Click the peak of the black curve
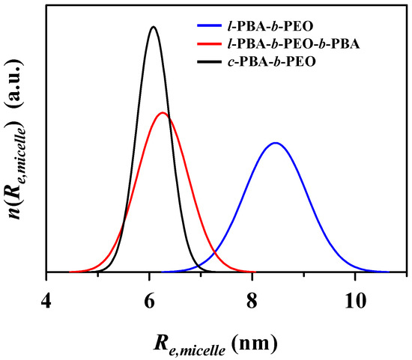[x=154, y=27]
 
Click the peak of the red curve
[x=163, y=113]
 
